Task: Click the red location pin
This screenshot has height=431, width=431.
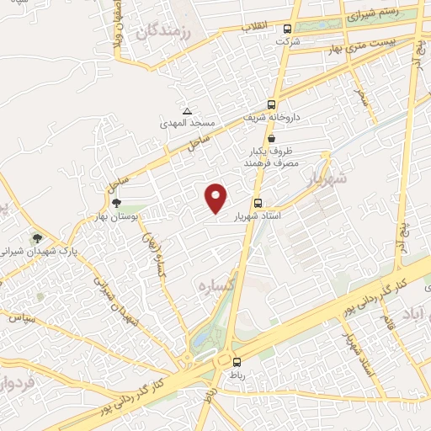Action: [x=217, y=198]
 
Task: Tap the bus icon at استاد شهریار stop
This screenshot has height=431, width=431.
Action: [x=258, y=203]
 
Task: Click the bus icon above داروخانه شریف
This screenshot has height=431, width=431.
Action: [x=271, y=104]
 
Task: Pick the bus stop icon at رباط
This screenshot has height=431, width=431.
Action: [x=236, y=362]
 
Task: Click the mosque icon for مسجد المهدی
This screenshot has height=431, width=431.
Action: [x=187, y=111]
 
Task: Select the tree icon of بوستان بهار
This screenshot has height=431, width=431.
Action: [x=116, y=202]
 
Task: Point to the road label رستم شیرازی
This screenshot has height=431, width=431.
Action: [x=371, y=15]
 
